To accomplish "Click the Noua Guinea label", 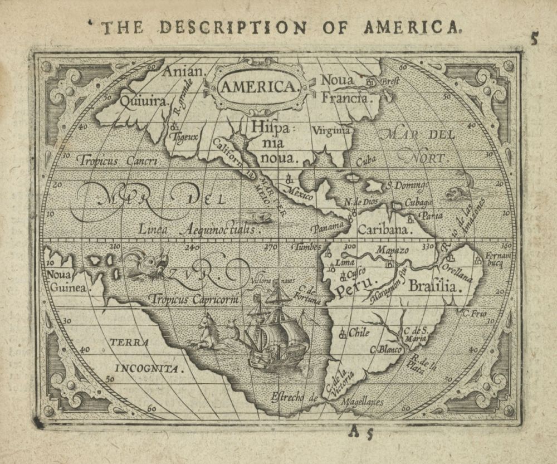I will pyautogui.click(x=66, y=281).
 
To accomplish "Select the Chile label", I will pyautogui.click(x=359, y=333).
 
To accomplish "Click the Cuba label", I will pyautogui.click(x=366, y=161).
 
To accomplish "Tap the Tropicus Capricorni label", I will pyautogui.click(x=194, y=299).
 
